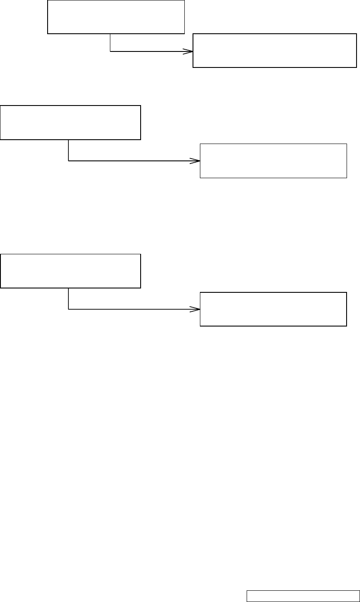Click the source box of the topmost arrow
[x=116, y=17]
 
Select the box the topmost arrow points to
[x=274, y=50]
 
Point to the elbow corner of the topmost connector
[x=110, y=51]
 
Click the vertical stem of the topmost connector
[x=110, y=43]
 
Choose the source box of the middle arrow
[x=71, y=122]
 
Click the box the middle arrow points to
[x=273, y=161]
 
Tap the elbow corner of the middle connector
[x=69, y=161]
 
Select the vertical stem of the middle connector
[x=69, y=150]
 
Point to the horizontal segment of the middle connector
[x=130, y=161]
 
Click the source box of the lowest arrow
[x=71, y=271]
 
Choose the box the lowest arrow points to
[x=273, y=309]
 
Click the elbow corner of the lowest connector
[x=69, y=309]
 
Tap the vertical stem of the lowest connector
[x=69, y=298]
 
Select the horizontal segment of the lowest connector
[x=130, y=309]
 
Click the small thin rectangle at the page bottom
[x=302, y=596]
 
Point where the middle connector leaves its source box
[x=69, y=140]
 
